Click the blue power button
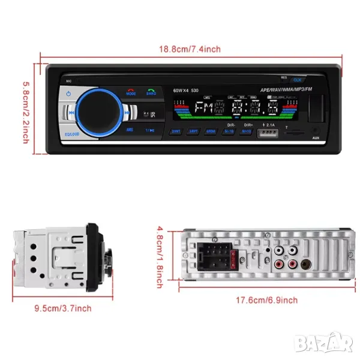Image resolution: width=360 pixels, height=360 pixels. point(70,94)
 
